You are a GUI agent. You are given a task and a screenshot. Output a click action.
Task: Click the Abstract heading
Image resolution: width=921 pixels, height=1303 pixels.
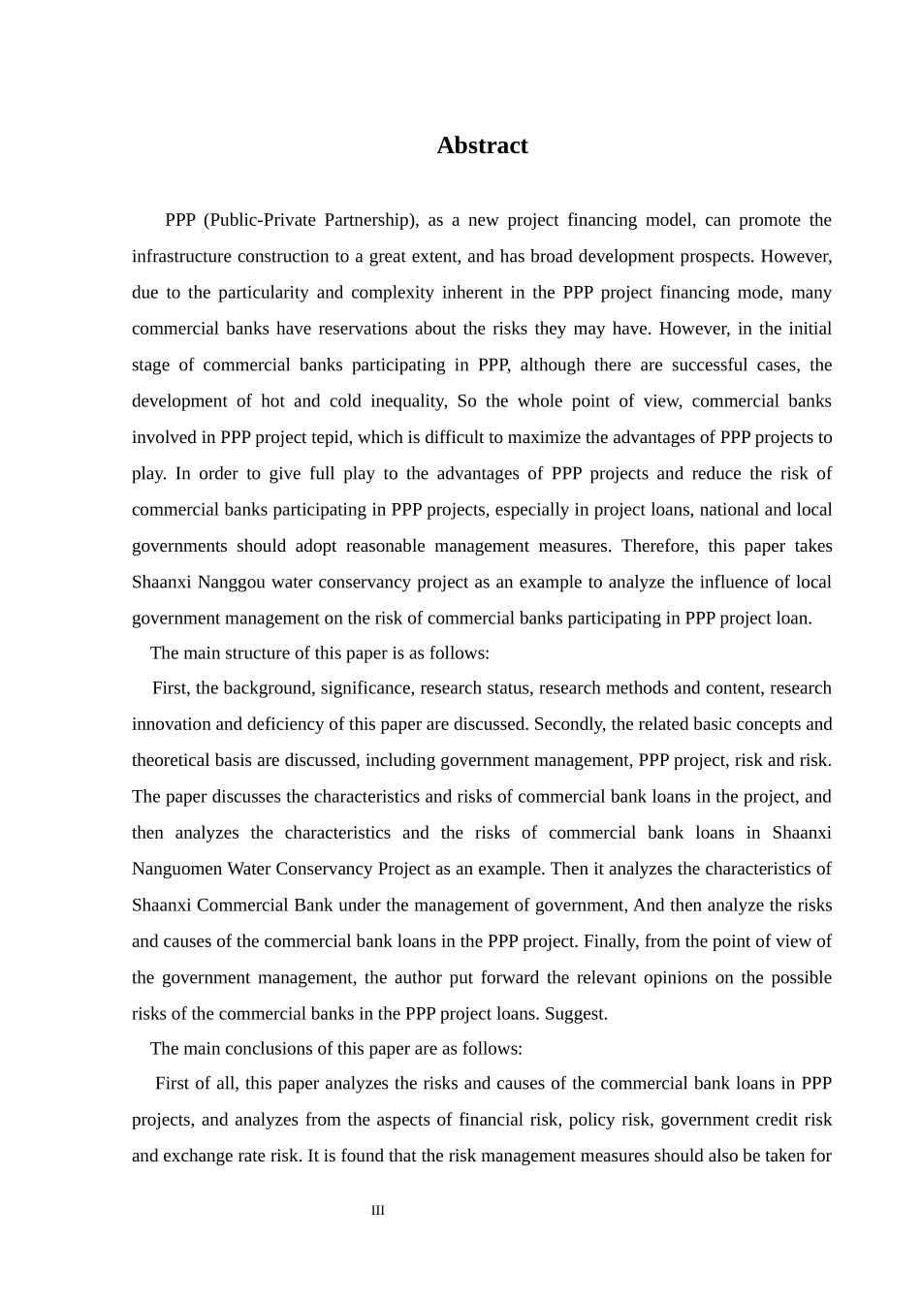pyautogui.click(x=482, y=145)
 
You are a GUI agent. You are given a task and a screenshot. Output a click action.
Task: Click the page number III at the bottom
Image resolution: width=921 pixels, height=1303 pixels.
pyautogui.click(x=378, y=1210)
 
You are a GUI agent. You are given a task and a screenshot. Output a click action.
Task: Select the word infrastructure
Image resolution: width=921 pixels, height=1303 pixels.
pyautogui.click(x=180, y=256)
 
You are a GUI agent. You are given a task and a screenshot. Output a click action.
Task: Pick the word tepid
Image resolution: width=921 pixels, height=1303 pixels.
pyautogui.click(x=331, y=437)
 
